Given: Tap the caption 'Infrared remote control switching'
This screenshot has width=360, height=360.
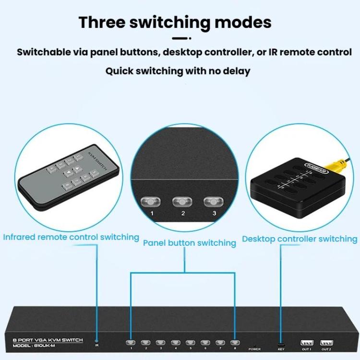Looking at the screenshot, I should (71, 237).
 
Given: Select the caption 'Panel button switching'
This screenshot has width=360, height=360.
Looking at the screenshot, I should (190, 243).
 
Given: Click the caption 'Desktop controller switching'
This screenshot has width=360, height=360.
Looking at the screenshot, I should (300, 239).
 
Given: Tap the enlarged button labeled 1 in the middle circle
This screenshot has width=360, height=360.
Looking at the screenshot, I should (151, 201).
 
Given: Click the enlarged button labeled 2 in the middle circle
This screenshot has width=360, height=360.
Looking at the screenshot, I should (182, 201).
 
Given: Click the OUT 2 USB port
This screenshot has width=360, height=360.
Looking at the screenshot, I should (326, 343).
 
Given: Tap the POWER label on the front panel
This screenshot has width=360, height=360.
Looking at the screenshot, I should (254, 349).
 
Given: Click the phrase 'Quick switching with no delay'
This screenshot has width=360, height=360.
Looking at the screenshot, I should (178, 71).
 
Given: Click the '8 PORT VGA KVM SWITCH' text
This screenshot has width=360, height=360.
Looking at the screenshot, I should (48, 340).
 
